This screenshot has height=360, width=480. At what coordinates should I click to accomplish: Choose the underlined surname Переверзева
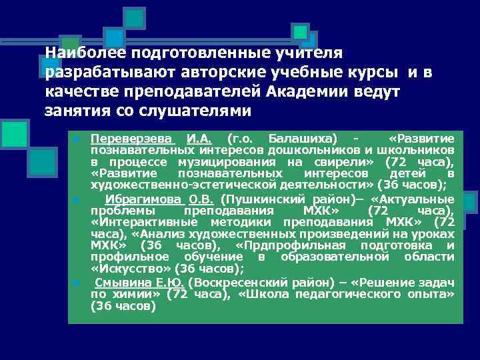point(132,138)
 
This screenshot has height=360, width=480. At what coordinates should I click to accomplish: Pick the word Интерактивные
point(147,222)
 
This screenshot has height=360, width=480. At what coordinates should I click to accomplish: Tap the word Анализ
point(145,234)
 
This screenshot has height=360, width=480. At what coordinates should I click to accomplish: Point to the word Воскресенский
point(234,282)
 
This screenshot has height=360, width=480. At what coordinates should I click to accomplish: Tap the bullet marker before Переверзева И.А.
point(77,139)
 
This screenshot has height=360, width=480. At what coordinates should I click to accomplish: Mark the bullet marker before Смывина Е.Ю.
point(77,283)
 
